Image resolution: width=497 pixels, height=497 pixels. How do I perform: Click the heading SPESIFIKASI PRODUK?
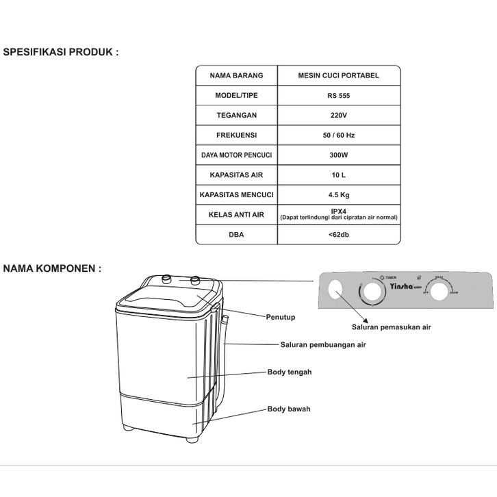[61, 52]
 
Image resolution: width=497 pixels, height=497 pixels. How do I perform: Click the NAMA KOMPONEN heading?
[53, 268]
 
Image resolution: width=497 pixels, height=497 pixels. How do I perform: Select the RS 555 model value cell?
[338, 95]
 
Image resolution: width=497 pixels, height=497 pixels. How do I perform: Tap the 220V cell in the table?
[338, 115]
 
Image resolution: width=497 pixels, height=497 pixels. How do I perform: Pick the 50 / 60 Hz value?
[338, 135]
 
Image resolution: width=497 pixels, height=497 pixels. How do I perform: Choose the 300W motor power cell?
[338, 155]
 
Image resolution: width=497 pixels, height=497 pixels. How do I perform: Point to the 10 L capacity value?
[338, 175]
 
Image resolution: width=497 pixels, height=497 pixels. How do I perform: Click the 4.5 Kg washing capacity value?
[338, 194]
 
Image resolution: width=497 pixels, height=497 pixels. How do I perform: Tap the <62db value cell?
[338, 235]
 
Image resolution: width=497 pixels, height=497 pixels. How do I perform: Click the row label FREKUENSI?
[236, 135]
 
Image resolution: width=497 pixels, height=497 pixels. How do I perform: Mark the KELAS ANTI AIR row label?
[236, 214]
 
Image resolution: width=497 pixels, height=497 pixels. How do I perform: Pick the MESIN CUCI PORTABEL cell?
[338, 75]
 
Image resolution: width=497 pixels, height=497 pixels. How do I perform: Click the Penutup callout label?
[281, 317]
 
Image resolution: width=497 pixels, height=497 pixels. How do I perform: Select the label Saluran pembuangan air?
[323, 345]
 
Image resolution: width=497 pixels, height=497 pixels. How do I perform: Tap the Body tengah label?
[289, 372]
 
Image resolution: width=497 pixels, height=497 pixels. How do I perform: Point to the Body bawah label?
[288, 409]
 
